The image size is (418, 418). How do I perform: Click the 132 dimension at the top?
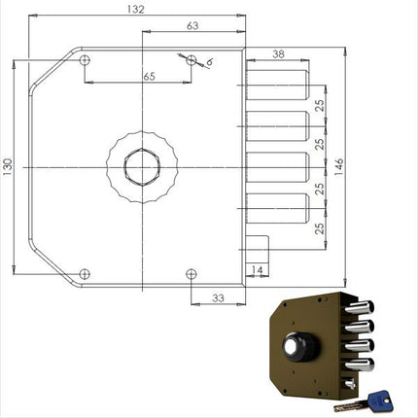pos(135,10)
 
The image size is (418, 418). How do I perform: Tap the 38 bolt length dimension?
pos(278,56)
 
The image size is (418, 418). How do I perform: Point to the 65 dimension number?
pos(149,75)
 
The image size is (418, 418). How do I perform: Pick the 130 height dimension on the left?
pos(10,170)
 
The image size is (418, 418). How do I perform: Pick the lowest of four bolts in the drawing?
pos(278,210)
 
